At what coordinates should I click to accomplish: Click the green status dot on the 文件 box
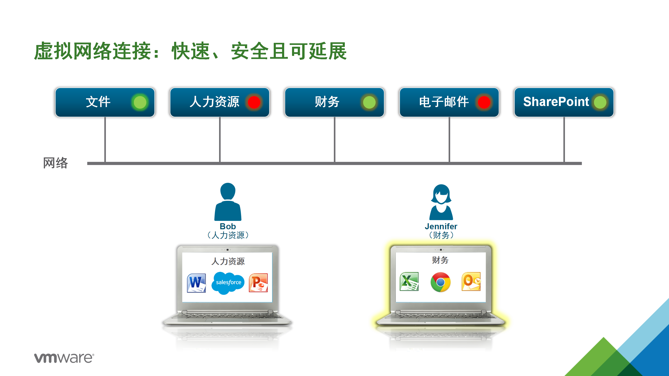pyautogui.click(x=140, y=102)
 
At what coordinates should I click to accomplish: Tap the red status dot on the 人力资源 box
pyautogui.click(x=254, y=102)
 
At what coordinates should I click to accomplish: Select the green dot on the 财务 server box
pyautogui.click(x=369, y=102)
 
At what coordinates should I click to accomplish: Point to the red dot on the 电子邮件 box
pyautogui.click(x=484, y=102)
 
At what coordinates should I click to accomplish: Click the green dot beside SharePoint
pyautogui.click(x=600, y=102)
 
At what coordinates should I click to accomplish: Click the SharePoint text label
pyautogui.click(x=556, y=102)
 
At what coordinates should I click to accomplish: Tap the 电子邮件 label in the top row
pyautogui.click(x=444, y=102)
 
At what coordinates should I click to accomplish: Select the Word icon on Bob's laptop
pyautogui.click(x=196, y=283)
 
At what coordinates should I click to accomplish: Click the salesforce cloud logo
pyautogui.click(x=228, y=283)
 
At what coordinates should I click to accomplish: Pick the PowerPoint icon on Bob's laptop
pyautogui.click(x=258, y=283)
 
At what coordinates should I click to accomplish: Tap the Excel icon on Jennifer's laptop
pyautogui.click(x=409, y=281)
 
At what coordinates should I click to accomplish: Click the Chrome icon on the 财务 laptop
pyautogui.click(x=441, y=282)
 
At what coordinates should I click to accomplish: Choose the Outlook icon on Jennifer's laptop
pyautogui.click(x=471, y=281)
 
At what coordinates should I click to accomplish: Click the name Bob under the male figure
pyautogui.click(x=228, y=226)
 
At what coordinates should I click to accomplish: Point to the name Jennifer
pyautogui.click(x=441, y=226)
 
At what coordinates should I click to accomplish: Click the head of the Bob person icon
pyautogui.click(x=228, y=191)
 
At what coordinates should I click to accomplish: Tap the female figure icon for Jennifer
pyautogui.click(x=441, y=202)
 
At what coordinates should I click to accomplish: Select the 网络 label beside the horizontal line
pyautogui.click(x=55, y=163)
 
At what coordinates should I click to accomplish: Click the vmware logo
pyautogui.click(x=64, y=358)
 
